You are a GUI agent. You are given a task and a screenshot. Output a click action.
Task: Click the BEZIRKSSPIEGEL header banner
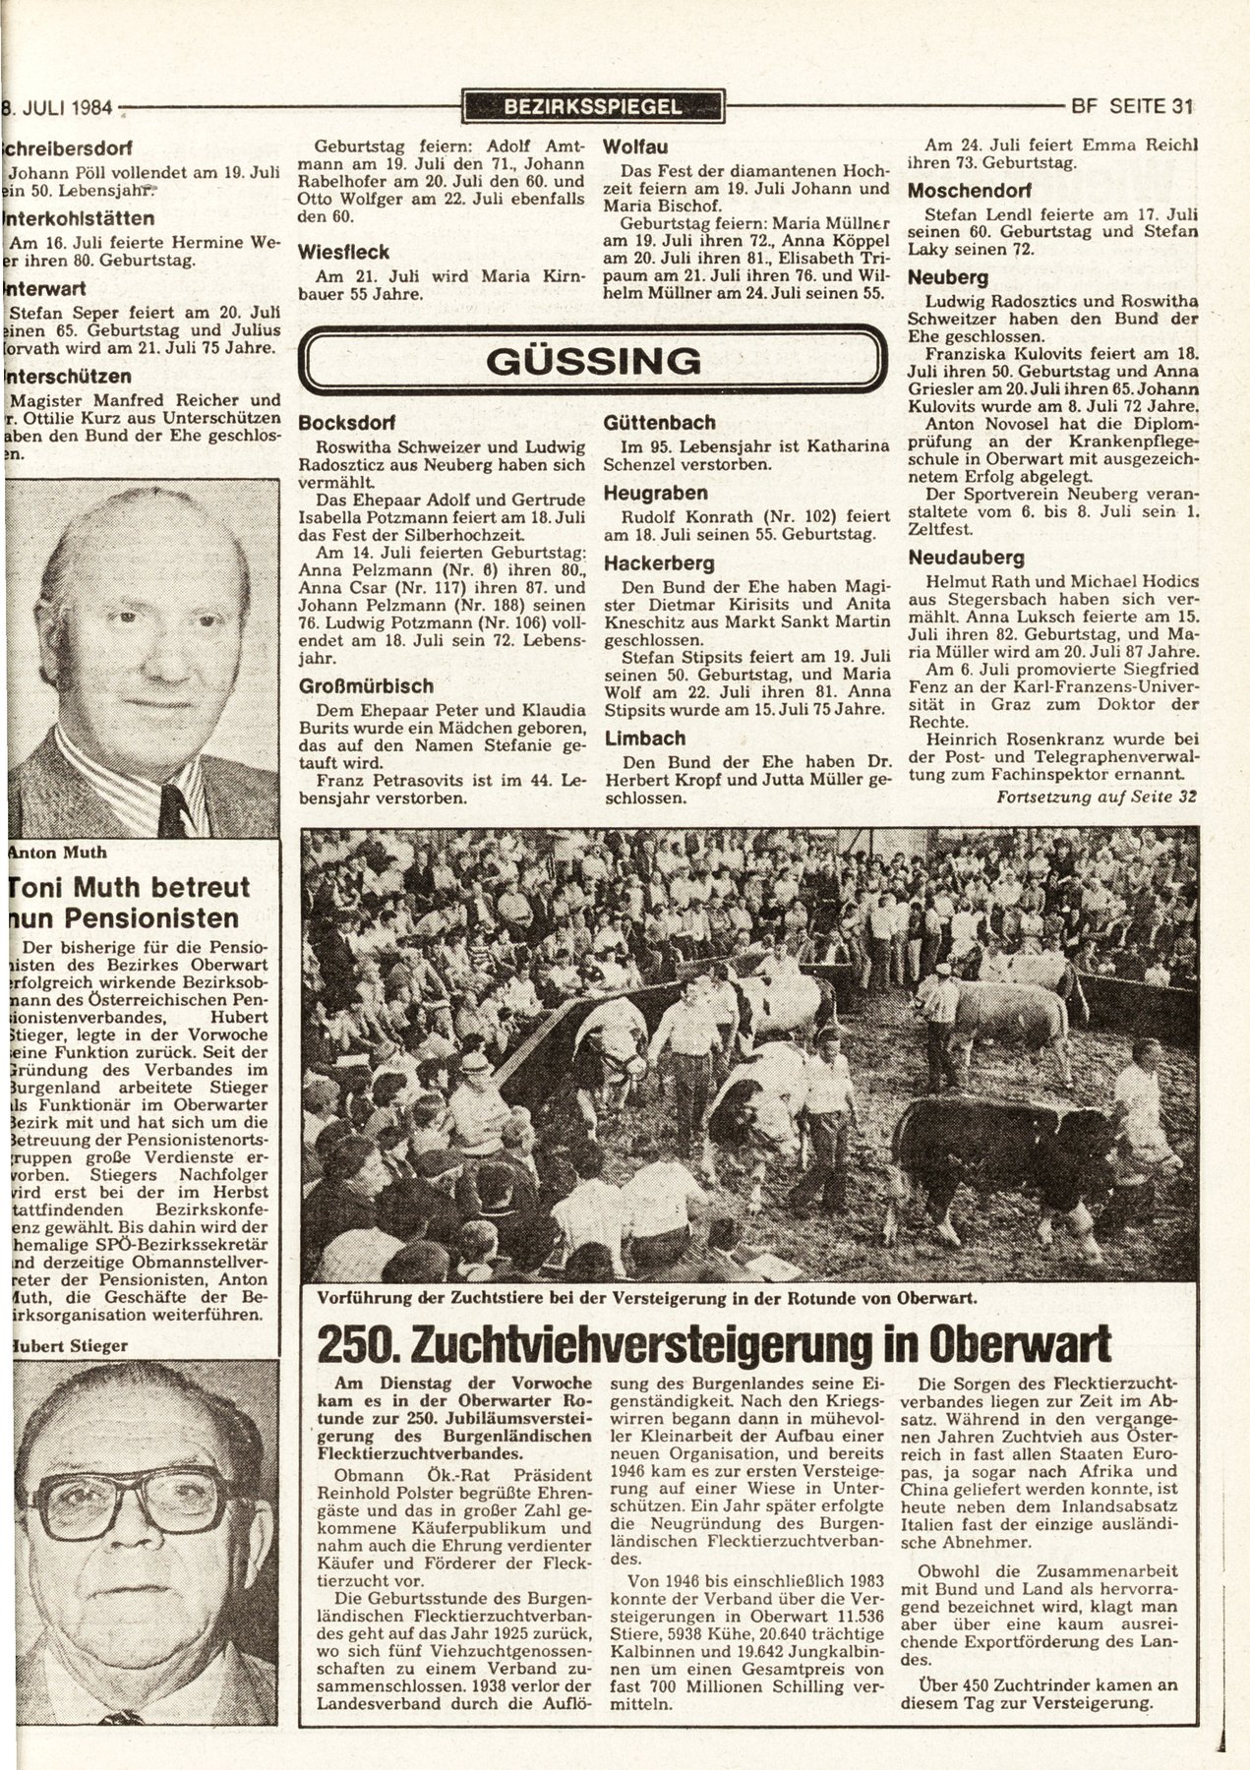coord(593,105)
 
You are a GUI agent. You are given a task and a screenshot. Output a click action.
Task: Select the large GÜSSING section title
coord(593,361)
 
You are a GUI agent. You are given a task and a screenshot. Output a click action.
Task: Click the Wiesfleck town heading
coord(343,252)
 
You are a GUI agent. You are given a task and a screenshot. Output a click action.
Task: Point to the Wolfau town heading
coord(630,147)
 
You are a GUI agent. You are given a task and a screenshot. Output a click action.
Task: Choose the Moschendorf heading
coord(969,191)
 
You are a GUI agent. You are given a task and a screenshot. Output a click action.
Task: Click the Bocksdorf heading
coord(346,424)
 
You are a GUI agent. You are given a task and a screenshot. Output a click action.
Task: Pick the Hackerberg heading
coord(658,563)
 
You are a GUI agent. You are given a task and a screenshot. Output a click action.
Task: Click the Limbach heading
coord(644,737)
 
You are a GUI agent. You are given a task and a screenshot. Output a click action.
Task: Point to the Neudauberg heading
coord(966,558)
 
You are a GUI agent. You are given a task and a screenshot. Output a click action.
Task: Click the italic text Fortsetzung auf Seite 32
coord(1096,797)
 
